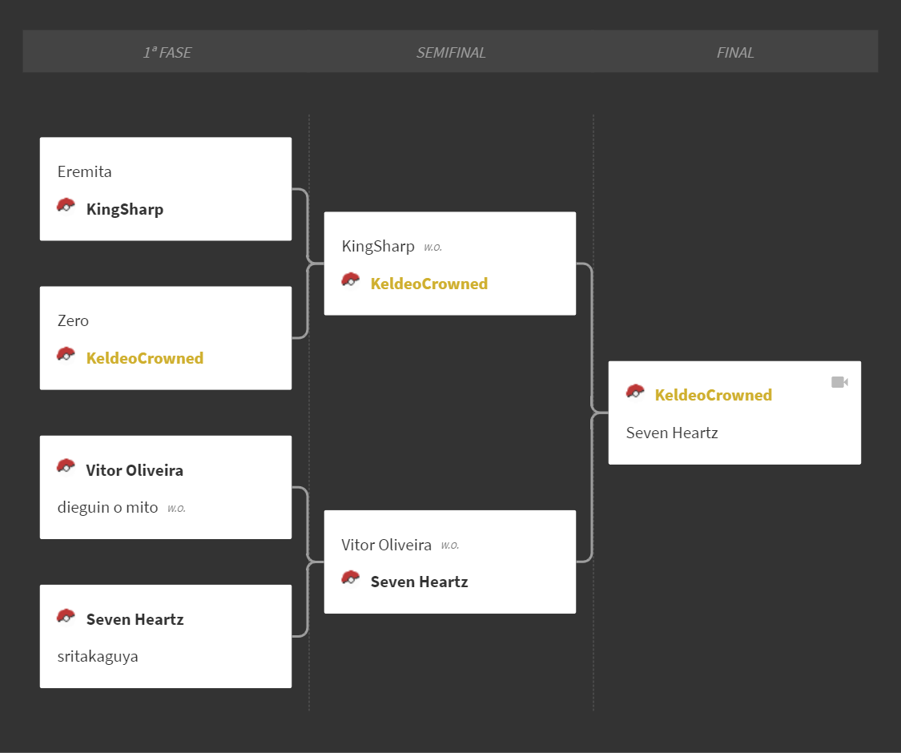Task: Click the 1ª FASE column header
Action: click(167, 53)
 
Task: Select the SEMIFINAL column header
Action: click(451, 53)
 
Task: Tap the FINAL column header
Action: click(735, 53)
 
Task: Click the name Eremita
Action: click(84, 172)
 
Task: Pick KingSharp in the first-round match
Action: click(125, 209)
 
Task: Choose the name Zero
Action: click(73, 320)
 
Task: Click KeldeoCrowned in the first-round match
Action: click(145, 358)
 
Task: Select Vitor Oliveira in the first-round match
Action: click(135, 470)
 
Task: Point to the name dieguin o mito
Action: click(107, 508)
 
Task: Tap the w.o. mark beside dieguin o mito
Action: click(176, 509)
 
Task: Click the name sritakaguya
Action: click(98, 656)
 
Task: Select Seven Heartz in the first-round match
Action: click(135, 620)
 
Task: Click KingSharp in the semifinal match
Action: click(378, 247)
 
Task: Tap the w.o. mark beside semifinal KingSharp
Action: click(433, 248)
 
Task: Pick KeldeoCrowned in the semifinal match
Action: click(429, 284)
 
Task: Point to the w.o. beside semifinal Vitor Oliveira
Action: click(450, 546)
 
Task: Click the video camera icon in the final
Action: click(839, 382)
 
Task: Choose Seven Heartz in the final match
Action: click(672, 433)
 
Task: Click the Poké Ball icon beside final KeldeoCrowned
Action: click(635, 392)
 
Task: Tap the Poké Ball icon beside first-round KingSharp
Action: click(66, 206)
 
